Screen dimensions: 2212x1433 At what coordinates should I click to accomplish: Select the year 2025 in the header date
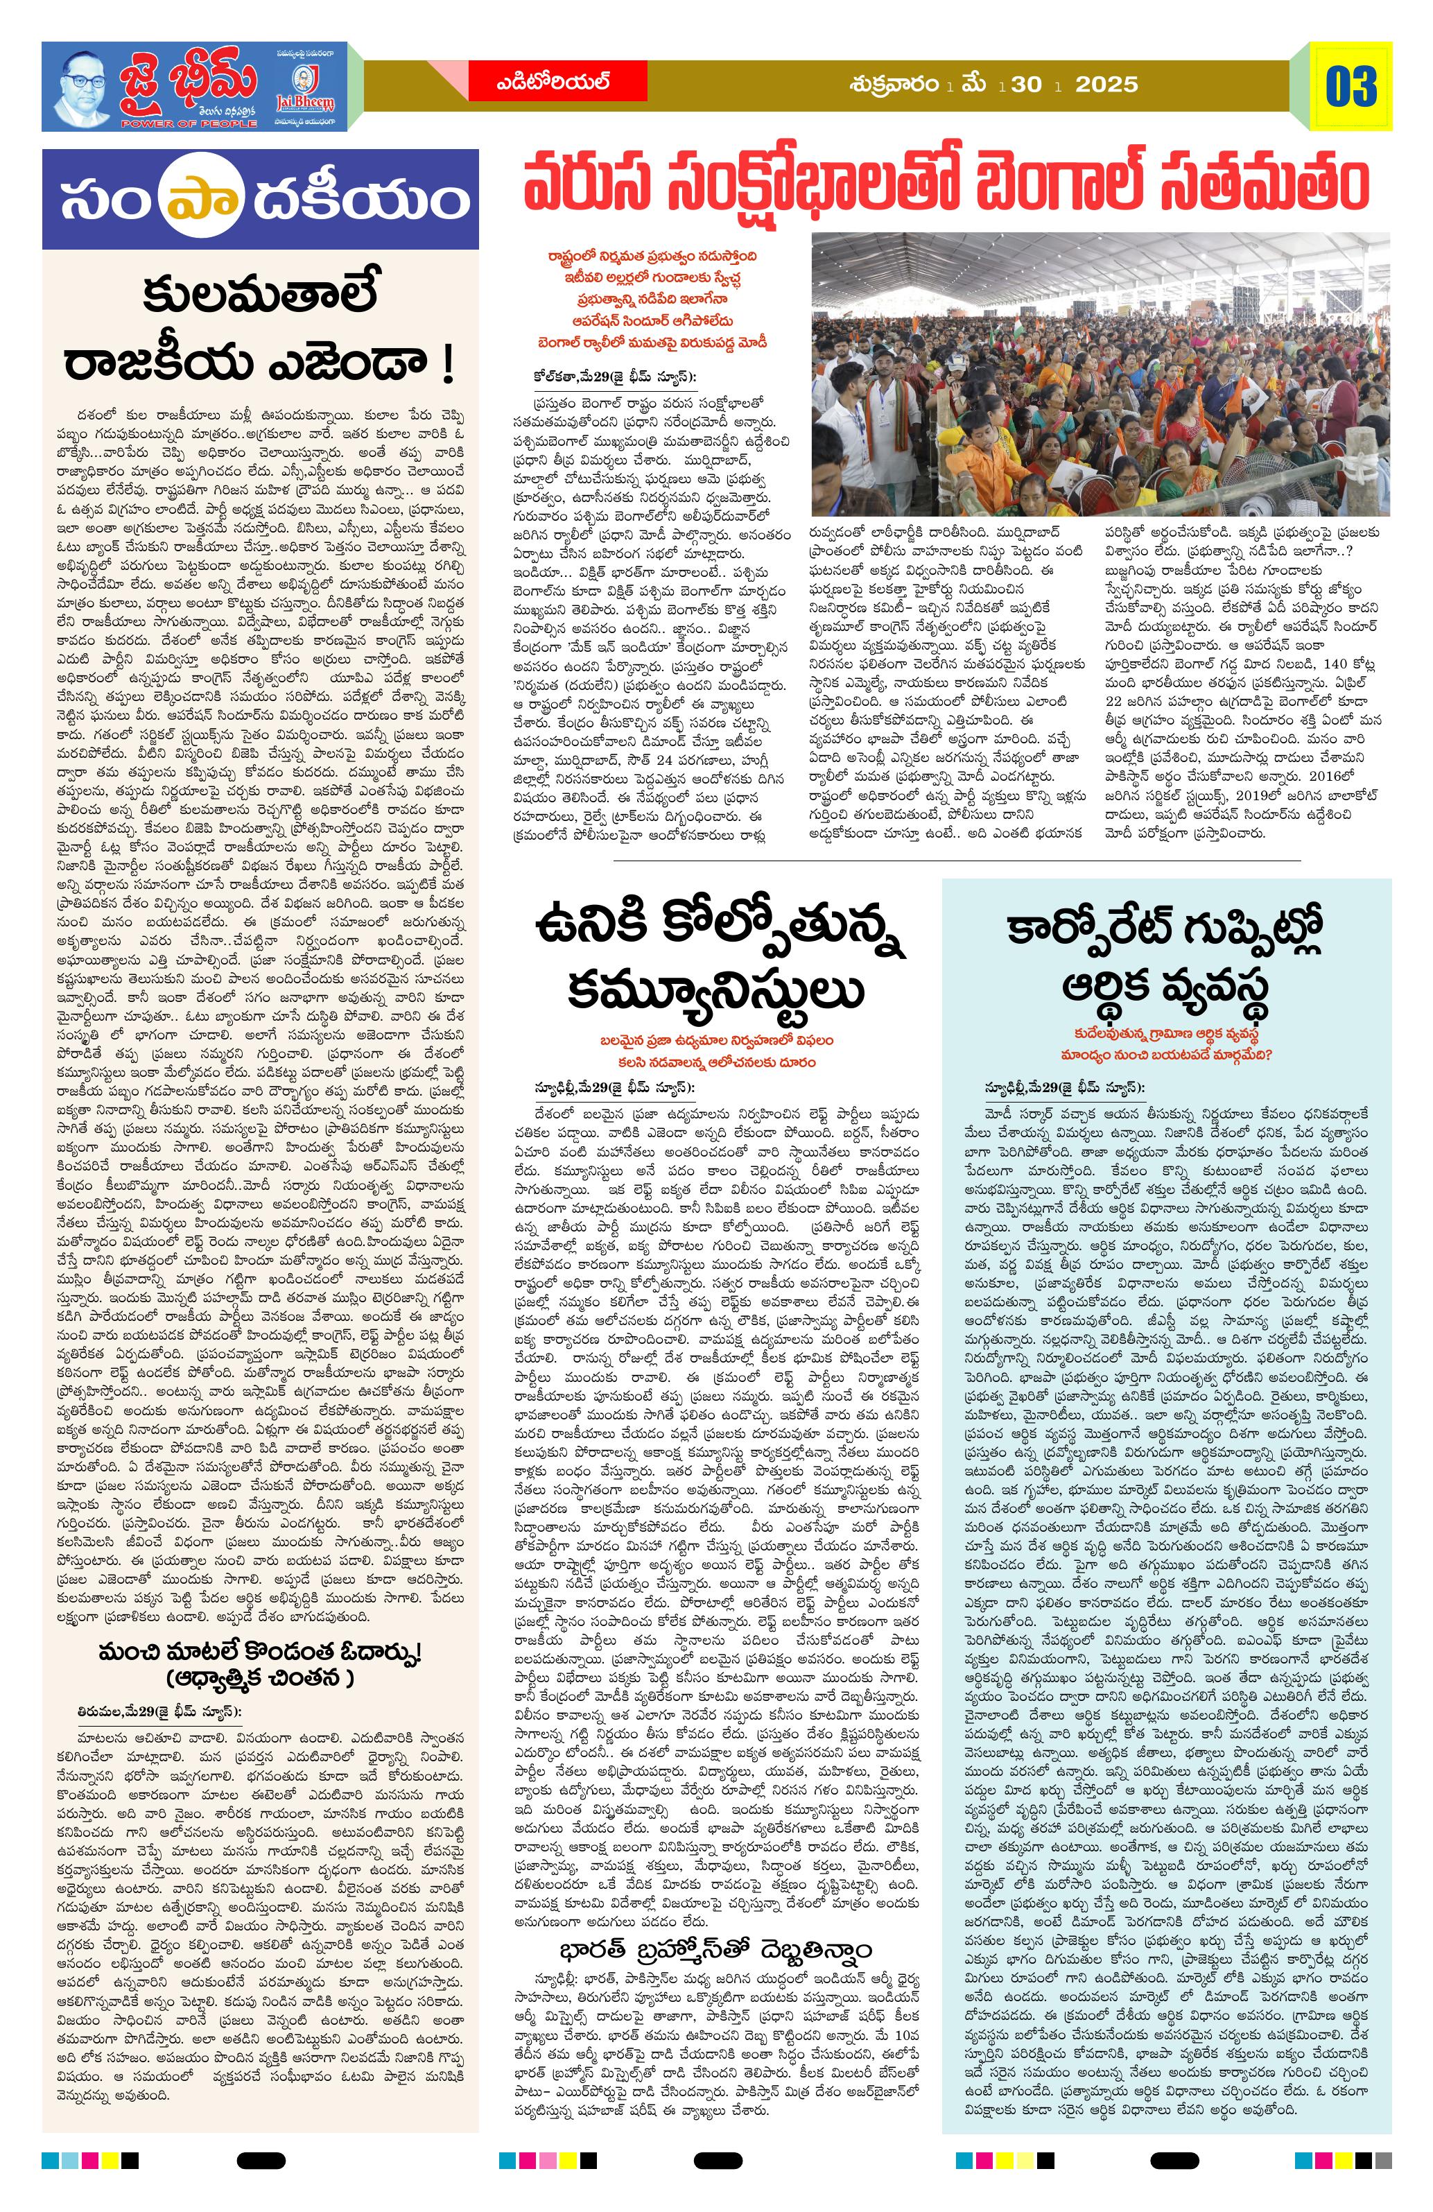[x=1106, y=85]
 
